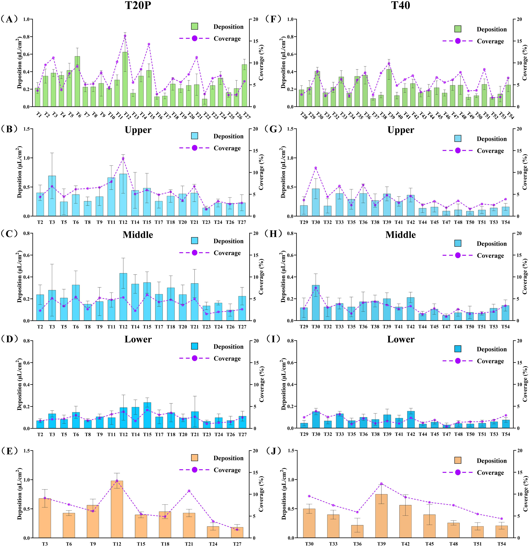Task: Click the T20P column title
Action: click(138, 6)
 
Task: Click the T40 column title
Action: click(401, 6)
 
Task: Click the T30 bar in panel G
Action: click(316, 202)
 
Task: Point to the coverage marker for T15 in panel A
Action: click(149, 44)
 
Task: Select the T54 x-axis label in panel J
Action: click(501, 544)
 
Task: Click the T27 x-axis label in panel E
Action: click(237, 544)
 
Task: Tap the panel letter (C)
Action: click(9, 234)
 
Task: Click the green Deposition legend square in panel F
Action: click(458, 29)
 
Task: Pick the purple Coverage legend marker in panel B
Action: click(194, 148)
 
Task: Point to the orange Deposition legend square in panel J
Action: click(458, 460)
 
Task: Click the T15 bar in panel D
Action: click(147, 415)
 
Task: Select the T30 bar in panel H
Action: click(316, 303)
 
